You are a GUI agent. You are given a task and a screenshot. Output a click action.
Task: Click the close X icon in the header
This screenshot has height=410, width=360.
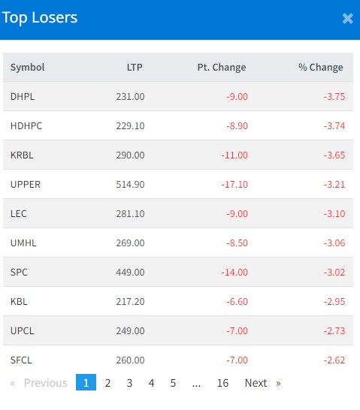click(348, 19)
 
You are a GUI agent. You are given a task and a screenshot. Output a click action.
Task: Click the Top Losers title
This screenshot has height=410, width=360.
click(40, 18)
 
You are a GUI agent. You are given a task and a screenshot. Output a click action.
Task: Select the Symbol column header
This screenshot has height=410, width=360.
click(28, 67)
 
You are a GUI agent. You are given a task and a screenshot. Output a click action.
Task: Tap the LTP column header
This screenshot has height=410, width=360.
click(135, 67)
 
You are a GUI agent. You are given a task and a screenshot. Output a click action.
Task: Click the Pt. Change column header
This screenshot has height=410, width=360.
click(222, 67)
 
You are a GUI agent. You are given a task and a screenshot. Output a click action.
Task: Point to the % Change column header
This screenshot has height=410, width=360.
click(321, 67)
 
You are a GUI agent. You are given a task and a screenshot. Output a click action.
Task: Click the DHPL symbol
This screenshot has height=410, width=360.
click(23, 96)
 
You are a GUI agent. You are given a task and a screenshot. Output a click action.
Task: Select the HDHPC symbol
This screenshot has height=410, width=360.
click(26, 125)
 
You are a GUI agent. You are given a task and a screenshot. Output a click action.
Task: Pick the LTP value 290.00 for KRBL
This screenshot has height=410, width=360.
click(130, 155)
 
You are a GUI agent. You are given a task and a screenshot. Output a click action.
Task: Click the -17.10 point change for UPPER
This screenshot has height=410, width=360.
click(234, 184)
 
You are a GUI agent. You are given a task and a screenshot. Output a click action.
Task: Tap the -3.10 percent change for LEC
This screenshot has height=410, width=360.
click(334, 213)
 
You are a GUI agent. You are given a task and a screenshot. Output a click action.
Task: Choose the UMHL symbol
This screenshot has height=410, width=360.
click(23, 243)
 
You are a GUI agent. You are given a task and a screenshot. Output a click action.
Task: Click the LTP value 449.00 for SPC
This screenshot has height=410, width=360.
click(130, 272)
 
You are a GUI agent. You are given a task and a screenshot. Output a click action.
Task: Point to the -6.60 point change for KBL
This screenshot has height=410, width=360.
click(237, 301)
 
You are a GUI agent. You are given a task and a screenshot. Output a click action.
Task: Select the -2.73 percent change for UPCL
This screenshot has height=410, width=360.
click(334, 330)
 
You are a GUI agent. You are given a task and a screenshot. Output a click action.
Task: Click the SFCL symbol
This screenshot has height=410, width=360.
click(21, 360)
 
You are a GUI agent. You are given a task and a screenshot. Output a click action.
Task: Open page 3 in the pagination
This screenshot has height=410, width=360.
click(129, 383)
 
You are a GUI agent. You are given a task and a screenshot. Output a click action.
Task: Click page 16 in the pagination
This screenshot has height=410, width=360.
click(222, 383)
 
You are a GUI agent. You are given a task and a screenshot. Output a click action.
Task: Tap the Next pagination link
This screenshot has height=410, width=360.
click(256, 383)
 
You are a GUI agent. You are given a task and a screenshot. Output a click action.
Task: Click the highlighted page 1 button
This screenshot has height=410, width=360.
click(86, 382)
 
